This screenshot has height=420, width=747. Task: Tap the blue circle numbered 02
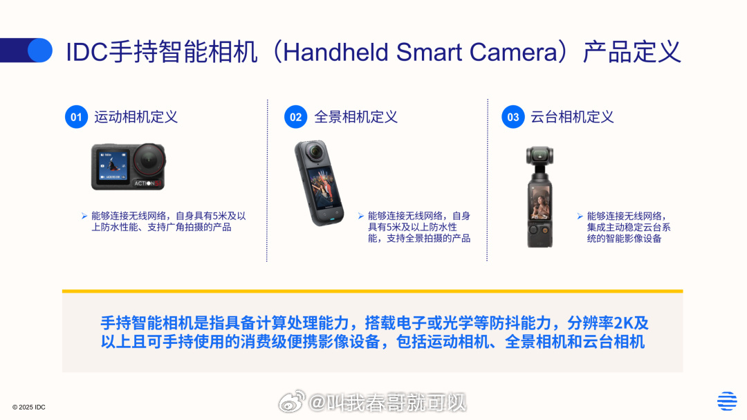pyautogui.click(x=295, y=117)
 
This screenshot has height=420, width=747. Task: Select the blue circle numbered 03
pyautogui.click(x=513, y=117)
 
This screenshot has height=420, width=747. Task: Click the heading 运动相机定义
pyautogui.click(x=136, y=117)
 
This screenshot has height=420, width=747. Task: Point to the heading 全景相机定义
pyautogui.click(x=356, y=117)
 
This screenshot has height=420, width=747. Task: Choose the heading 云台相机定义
pyautogui.click(x=572, y=117)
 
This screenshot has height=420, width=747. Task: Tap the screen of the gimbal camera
pyautogui.click(x=539, y=200)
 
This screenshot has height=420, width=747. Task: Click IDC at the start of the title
pyautogui.click(x=86, y=53)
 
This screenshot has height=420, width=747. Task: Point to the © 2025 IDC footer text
pyautogui.click(x=28, y=407)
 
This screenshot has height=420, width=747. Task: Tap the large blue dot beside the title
pyautogui.click(x=40, y=50)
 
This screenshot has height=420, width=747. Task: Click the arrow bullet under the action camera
pyautogui.click(x=84, y=216)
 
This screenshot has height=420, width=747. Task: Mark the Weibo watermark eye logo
pyautogui.click(x=292, y=401)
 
